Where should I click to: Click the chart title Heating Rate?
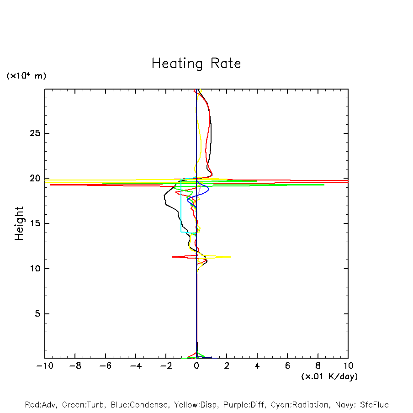(196, 64)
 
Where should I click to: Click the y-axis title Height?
(19, 223)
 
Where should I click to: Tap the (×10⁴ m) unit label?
(26, 76)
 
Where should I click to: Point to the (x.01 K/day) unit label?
(329, 376)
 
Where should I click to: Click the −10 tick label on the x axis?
(45, 366)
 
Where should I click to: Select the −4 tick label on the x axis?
(136, 366)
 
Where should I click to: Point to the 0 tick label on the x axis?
(196, 366)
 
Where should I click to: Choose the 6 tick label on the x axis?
(287, 366)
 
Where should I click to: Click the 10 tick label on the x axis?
(348, 366)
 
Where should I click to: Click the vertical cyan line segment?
(181, 210)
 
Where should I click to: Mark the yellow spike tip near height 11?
(230, 257)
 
